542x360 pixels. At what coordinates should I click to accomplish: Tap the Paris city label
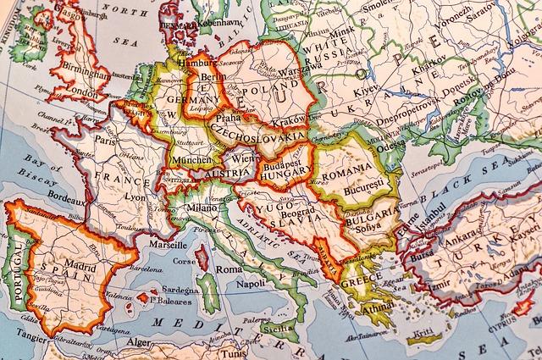tap(106, 142)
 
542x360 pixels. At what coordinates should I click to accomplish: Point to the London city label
tap(83, 92)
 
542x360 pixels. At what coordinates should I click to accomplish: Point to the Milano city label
tap(202, 208)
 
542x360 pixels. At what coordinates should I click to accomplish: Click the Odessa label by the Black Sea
tap(392, 144)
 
